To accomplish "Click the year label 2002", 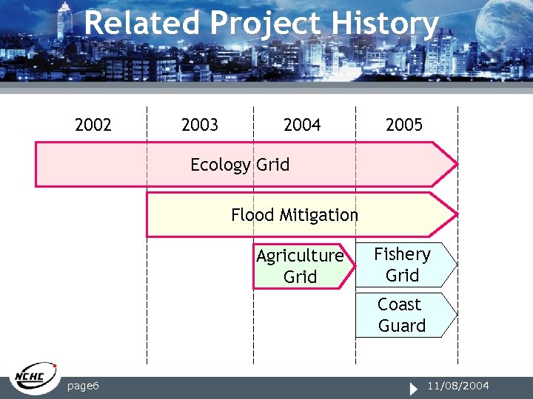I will click(x=93, y=125).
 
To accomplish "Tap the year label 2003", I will click(x=200, y=125).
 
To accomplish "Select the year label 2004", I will click(x=302, y=125).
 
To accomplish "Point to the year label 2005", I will click(x=404, y=125).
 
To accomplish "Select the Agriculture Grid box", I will click(x=300, y=266).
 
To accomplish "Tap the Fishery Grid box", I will click(x=403, y=265).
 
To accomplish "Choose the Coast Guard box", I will click(x=402, y=315).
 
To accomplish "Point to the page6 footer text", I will click(x=84, y=386).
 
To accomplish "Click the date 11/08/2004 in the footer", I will click(x=459, y=386).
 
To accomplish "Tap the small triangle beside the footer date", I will click(x=415, y=386).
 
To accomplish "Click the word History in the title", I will click(x=384, y=24).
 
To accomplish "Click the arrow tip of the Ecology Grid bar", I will click(x=455, y=164).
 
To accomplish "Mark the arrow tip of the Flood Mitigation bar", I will click(x=455, y=214).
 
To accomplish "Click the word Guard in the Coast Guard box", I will click(x=402, y=326).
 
